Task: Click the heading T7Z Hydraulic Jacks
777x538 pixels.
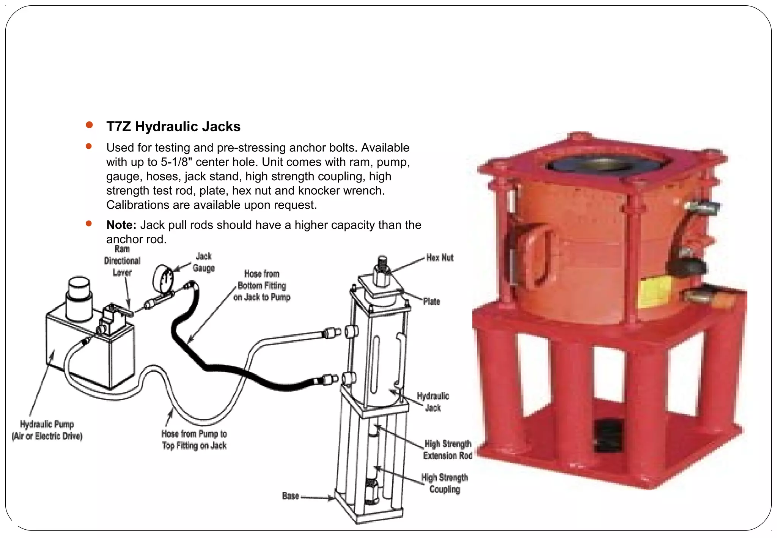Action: coord(173,126)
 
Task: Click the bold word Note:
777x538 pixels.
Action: coord(121,225)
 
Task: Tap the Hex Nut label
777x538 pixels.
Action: coord(439,258)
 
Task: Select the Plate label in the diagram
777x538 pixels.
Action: coord(431,302)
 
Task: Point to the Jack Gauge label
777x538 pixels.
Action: coord(204,262)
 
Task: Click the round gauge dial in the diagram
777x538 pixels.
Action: coord(163,279)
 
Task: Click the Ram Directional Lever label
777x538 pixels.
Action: coord(122,261)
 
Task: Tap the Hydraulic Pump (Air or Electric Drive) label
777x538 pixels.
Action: coord(47,430)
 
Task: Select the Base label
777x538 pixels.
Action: coord(291,496)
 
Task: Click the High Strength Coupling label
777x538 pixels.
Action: coord(445,483)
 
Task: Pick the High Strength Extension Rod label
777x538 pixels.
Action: coord(448,450)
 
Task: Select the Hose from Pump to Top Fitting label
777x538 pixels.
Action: coord(194,439)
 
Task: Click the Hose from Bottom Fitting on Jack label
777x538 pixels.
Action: coord(262,285)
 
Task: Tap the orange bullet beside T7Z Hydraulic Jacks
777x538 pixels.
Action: coord(90,125)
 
